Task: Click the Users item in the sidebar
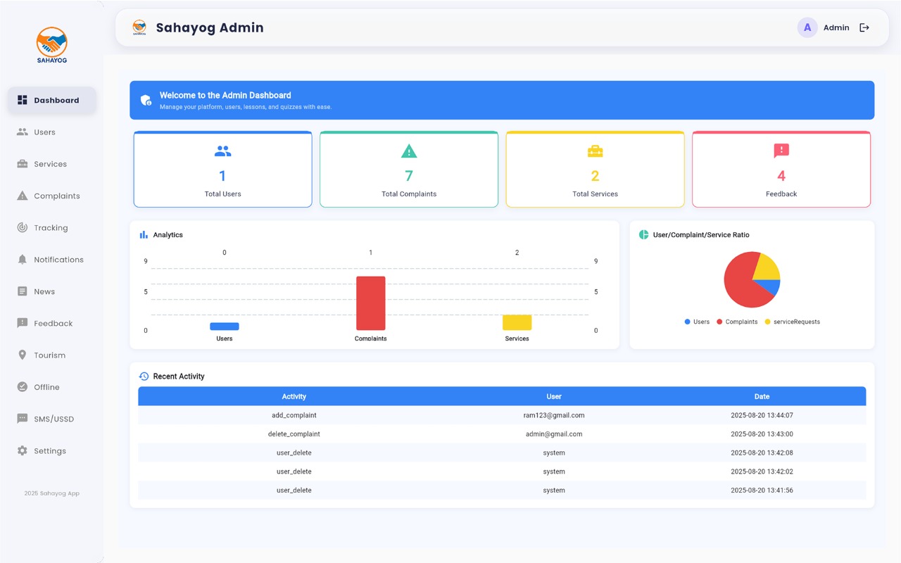point(44,132)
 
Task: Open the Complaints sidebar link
point(56,196)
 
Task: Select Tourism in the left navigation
point(49,355)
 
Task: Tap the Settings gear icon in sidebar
point(23,451)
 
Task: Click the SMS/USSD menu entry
point(53,419)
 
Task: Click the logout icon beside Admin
point(864,28)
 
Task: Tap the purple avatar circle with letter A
point(807,28)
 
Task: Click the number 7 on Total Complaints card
point(409,176)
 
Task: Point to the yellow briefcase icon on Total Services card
point(595,151)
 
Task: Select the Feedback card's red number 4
point(781,176)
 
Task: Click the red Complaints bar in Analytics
point(370,303)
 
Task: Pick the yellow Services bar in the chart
point(517,322)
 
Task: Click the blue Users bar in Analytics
point(225,327)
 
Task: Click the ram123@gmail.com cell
point(554,415)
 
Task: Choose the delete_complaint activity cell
point(294,434)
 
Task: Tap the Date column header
point(762,396)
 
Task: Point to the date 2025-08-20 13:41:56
point(762,491)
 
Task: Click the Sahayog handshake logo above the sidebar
point(52,44)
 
